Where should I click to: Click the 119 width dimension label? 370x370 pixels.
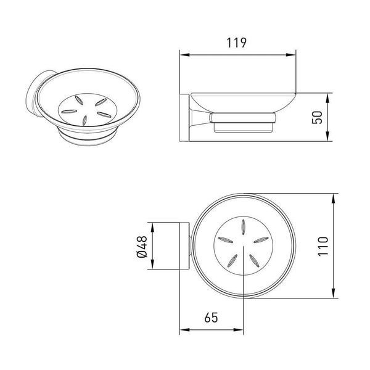click(x=236, y=43)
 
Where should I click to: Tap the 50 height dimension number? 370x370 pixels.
click(x=317, y=117)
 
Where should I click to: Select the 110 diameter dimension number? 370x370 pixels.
click(x=323, y=246)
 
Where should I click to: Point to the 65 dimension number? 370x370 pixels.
click(x=211, y=318)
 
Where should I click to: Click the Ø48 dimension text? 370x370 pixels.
click(x=142, y=247)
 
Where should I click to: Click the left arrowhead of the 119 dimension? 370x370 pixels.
click(x=185, y=55)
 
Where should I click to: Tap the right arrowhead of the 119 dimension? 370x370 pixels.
click(x=290, y=55)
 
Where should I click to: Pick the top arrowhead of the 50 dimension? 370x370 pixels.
click(x=327, y=98)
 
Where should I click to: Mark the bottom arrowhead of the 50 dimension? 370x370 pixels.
click(x=327, y=136)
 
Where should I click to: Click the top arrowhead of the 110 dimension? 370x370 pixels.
click(x=333, y=199)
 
